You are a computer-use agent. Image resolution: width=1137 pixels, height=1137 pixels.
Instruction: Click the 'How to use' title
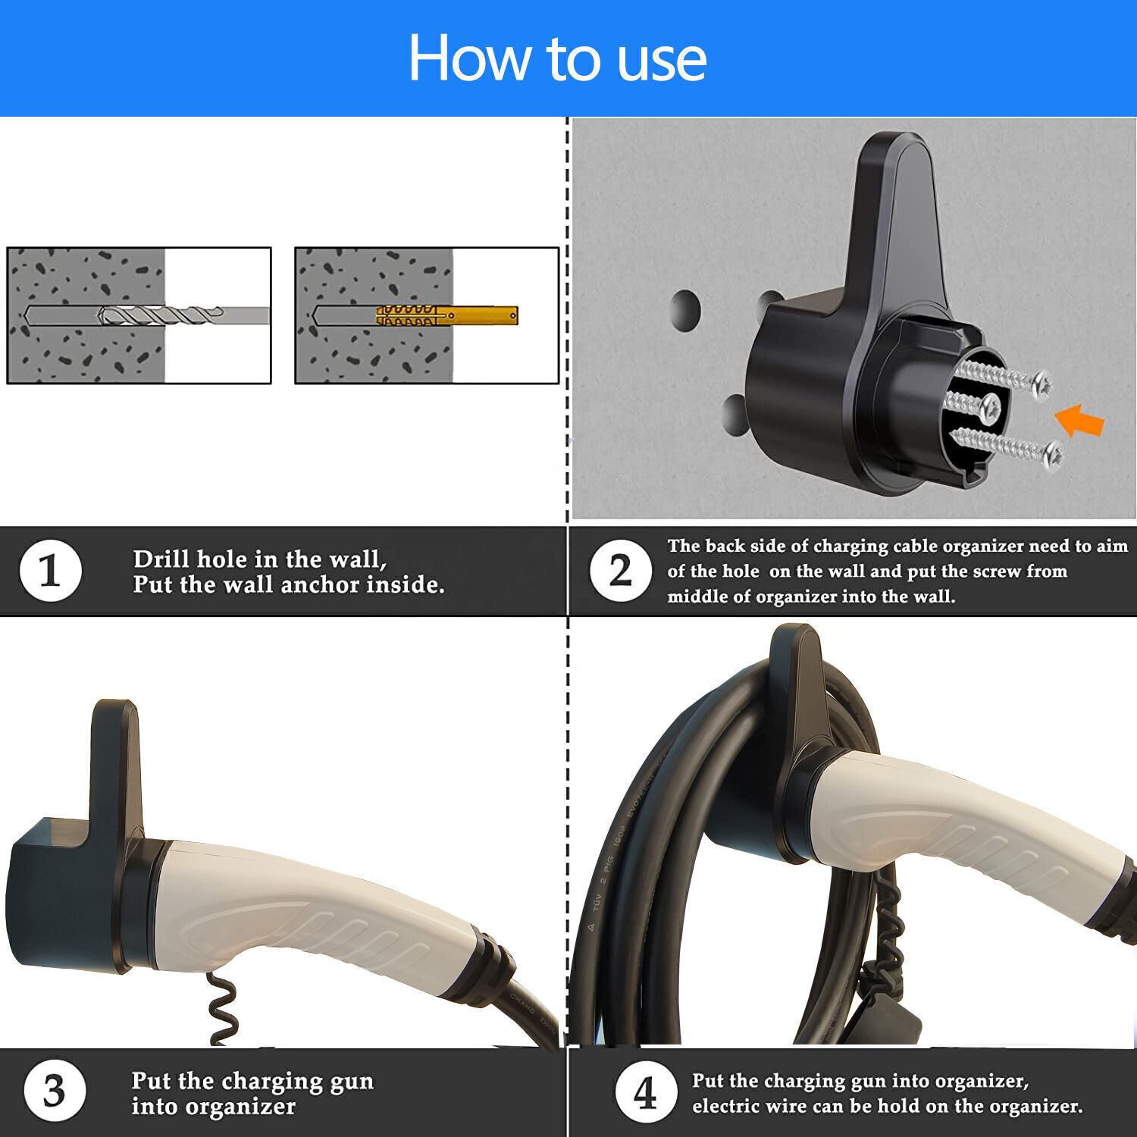pos(557,58)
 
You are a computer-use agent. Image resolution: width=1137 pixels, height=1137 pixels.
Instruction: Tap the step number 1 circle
pos(50,571)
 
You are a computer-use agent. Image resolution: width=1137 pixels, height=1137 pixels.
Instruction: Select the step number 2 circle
pos(620,571)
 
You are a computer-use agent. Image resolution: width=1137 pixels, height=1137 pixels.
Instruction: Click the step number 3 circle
pos(54,1092)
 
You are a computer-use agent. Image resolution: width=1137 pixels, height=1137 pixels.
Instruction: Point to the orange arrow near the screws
pos(1079,420)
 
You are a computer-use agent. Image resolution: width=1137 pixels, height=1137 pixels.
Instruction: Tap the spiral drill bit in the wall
pos(159,315)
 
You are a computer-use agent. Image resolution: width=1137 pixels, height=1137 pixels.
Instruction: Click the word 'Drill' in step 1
pos(161,559)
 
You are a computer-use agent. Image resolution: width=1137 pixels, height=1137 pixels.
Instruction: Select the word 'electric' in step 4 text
pos(727,1106)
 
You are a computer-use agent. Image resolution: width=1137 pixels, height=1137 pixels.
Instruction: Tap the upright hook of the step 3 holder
pos(116,766)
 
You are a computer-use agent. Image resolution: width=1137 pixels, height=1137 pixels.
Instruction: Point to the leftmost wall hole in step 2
pos(685,309)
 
